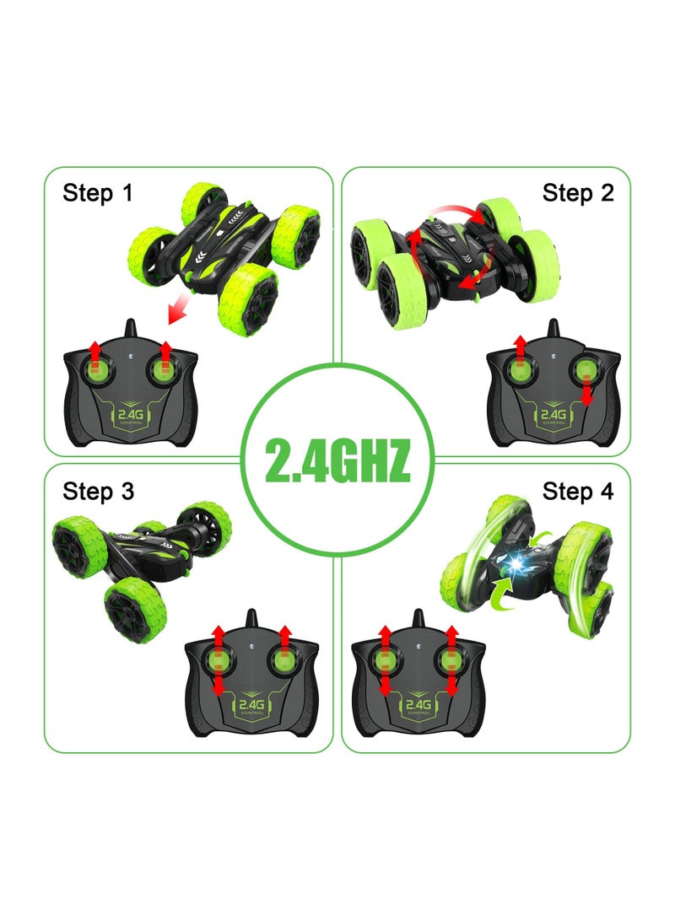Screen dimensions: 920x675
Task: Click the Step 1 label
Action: (x=98, y=193)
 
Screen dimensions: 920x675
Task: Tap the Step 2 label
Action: (x=579, y=193)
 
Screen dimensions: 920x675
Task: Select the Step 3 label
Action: (x=98, y=492)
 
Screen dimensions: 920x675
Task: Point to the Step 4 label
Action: (x=579, y=492)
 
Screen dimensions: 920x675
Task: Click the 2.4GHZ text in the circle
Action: (x=337, y=459)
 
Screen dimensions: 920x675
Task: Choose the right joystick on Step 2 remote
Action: (x=587, y=370)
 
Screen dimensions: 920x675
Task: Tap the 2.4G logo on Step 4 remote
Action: (x=418, y=705)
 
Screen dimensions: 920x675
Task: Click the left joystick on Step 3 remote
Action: (x=218, y=661)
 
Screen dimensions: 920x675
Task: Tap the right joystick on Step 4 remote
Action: (x=451, y=661)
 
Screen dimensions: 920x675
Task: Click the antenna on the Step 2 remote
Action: (x=553, y=331)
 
